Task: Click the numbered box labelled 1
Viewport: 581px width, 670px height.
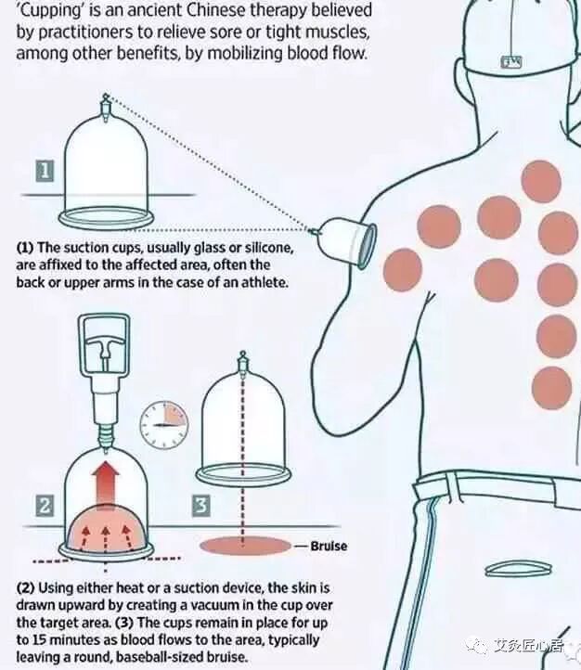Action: (x=45, y=171)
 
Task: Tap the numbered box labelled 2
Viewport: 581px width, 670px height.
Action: (x=45, y=506)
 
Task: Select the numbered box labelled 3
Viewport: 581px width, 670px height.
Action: (x=201, y=506)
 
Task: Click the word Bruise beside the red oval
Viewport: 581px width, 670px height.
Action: (x=329, y=546)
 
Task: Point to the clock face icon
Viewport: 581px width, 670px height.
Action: (x=164, y=425)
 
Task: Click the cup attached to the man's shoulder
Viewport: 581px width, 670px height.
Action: (x=344, y=242)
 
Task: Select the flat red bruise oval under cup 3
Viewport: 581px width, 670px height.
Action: (x=246, y=546)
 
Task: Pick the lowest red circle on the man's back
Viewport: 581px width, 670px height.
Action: (x=552, y=388)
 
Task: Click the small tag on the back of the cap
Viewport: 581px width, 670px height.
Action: (x=511, y=62)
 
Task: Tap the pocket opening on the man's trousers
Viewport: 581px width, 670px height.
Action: (x=518, y=569)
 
